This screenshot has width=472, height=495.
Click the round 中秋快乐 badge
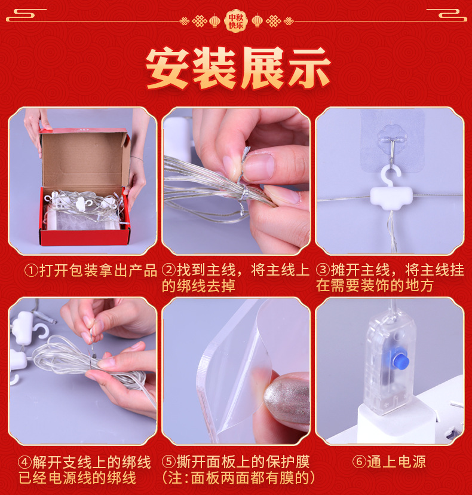(235, 21)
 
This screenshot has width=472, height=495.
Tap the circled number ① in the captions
(32, 271)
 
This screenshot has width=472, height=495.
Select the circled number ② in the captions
(169, 270)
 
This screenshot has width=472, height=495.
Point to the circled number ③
(323, 270)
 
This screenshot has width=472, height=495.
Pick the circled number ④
(25, 463)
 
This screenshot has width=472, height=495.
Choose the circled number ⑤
(169, 462)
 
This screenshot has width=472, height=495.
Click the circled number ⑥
(359, 462)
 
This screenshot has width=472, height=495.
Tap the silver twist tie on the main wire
(243, 180)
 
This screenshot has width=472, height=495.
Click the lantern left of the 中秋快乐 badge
(214, 21)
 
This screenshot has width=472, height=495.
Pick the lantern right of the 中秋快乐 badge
(257, 21)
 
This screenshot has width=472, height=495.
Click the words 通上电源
(396, 462)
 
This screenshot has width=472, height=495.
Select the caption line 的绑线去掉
(199, 286)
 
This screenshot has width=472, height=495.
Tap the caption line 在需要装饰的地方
(375, 285)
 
